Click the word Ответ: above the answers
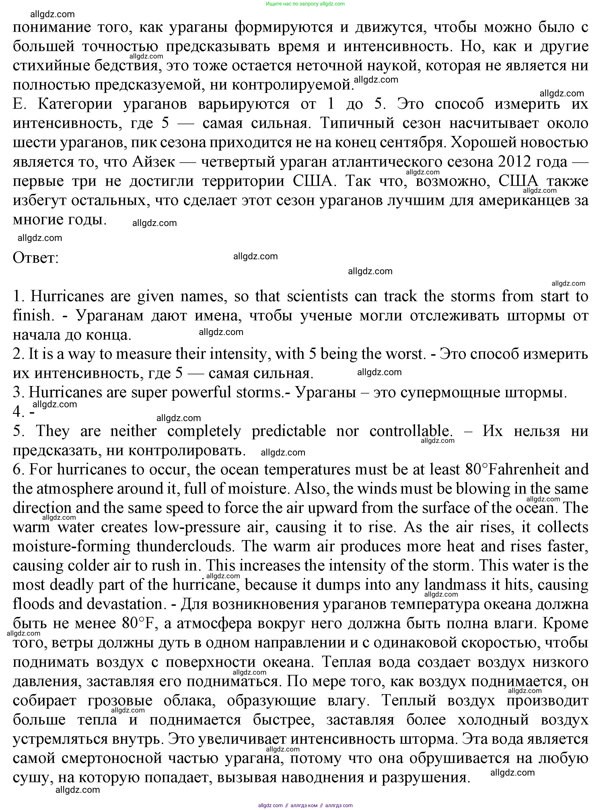36,258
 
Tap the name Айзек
154,162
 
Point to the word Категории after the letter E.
75,104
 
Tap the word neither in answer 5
134,431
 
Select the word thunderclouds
185,546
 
